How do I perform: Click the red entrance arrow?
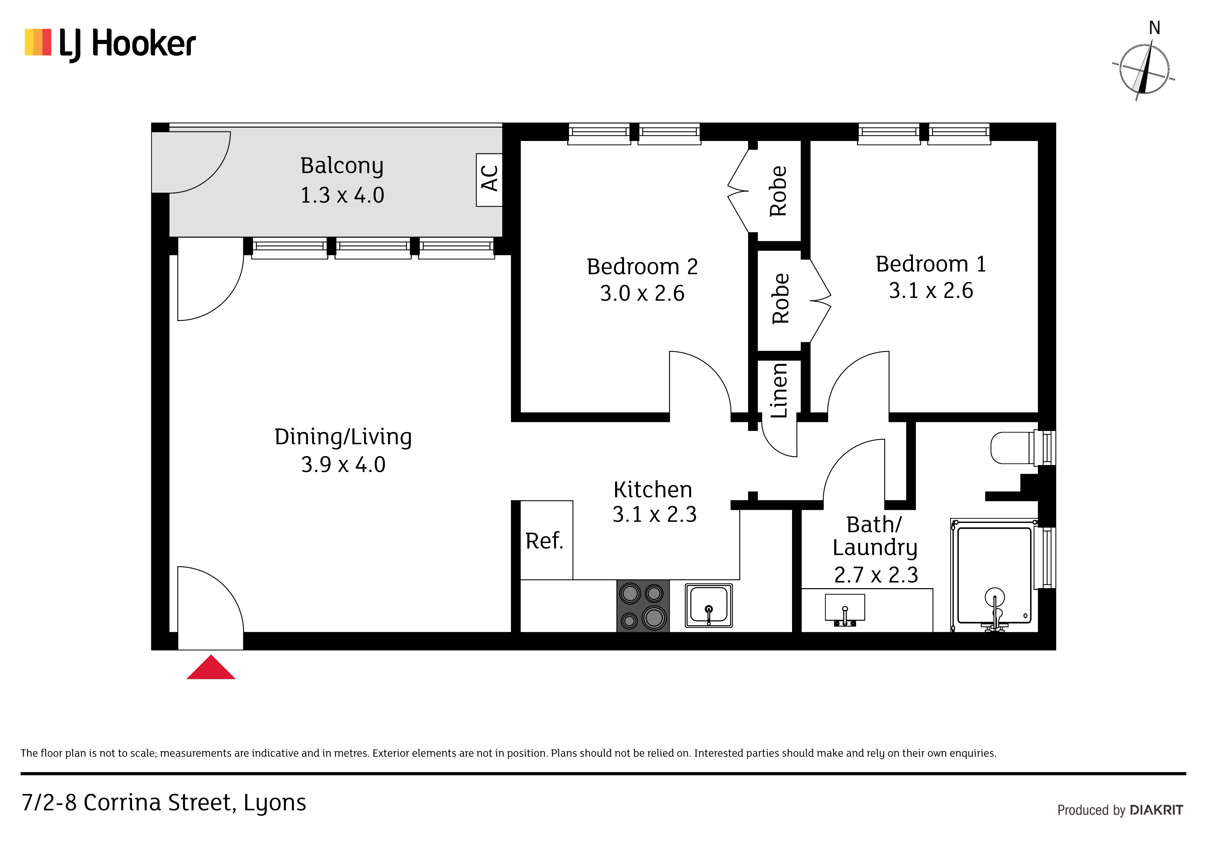tap(211, 669)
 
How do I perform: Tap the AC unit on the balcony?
tap(489, 180)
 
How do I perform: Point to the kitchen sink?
tap(709, 605)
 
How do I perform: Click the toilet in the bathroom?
tap(1022, 448)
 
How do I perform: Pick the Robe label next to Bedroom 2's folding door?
tap(778, 191)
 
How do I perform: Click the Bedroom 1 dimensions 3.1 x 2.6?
tap(931, 290)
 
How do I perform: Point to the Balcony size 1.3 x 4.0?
tap(342, 195)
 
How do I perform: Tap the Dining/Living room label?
tap(343, 437)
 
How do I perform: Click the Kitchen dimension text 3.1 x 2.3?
tap(655, 514)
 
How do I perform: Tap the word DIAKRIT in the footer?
tap(1156, 810)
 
